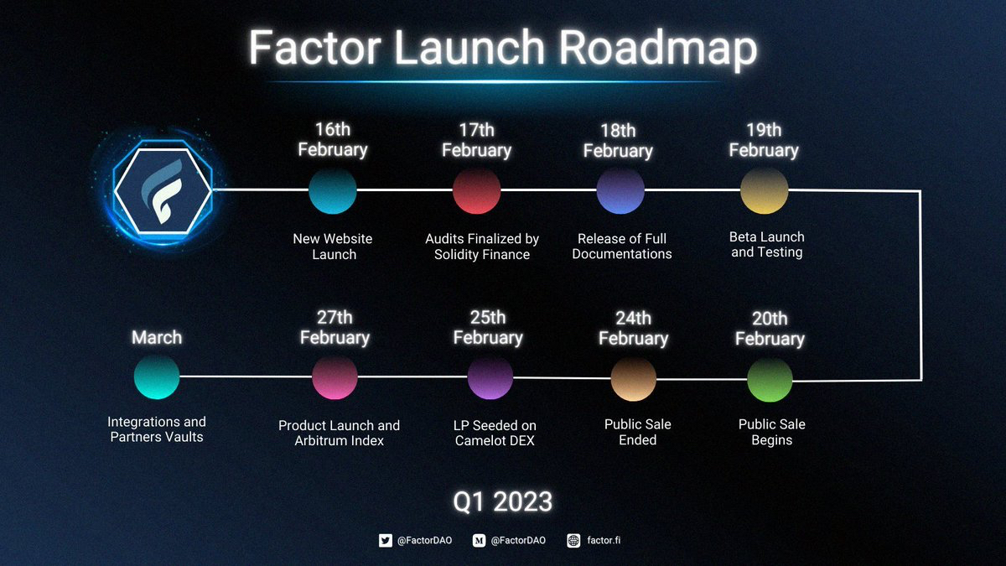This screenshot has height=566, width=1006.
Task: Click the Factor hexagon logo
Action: (163, 190)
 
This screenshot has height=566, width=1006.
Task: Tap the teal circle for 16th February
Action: (332, 191)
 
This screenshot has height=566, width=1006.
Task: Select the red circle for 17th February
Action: (476, 191)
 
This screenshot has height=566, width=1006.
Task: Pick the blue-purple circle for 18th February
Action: (620, 191)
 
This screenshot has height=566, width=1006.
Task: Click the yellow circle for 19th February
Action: (764, 191)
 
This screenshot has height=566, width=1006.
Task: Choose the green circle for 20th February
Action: (770, 380)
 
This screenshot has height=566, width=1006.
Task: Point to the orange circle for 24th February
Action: (633, 379)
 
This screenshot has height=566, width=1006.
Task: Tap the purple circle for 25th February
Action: (490, 377)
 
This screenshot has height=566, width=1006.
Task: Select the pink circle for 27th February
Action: (334, 377)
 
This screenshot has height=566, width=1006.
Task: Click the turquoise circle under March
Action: (157, 376)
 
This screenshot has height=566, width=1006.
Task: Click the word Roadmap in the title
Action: (657, 49)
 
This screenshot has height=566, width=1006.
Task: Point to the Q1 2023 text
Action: (502, 501)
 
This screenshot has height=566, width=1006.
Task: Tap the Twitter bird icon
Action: (386, 540)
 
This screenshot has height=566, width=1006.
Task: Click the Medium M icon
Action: (480, 540)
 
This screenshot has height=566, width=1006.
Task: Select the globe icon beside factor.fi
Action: (573, 540)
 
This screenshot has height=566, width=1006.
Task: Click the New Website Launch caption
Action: (333, 247)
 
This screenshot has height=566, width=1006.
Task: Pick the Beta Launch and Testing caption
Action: (766, 244)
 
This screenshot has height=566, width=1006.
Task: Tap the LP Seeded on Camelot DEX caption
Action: (495, 433)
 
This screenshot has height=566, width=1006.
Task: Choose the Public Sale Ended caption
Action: (637, 432)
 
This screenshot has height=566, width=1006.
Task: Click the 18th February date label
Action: (618, 141)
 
